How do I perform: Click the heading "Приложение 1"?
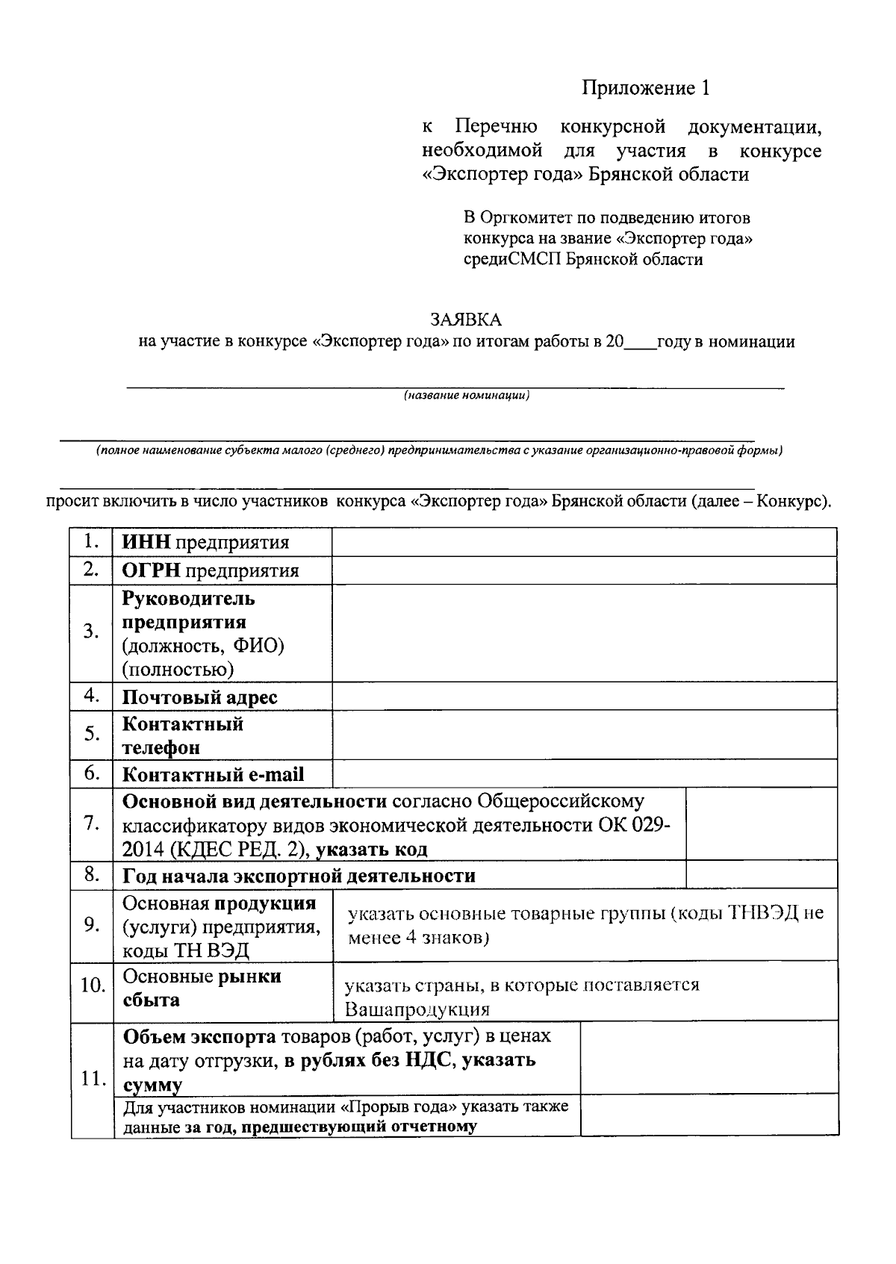point(646,88)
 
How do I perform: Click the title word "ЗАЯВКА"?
point(466,320)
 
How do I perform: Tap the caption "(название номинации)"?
point(467,396)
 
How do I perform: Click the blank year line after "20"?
point(640,343)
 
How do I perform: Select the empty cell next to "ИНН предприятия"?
point(584,542)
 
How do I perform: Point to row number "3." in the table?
point(91,632)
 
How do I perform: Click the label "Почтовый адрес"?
point(199,697)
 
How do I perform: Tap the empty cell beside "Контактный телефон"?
point(584,735)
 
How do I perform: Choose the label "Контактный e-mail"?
point(213,775)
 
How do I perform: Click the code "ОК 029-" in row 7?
point(634,826)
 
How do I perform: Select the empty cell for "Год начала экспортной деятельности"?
point(761,875)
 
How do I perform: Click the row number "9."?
point(91,926)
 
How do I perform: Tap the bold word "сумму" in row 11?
point(152,1085)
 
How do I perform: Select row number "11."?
point(91,1079)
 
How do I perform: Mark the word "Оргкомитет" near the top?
point(526,218)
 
